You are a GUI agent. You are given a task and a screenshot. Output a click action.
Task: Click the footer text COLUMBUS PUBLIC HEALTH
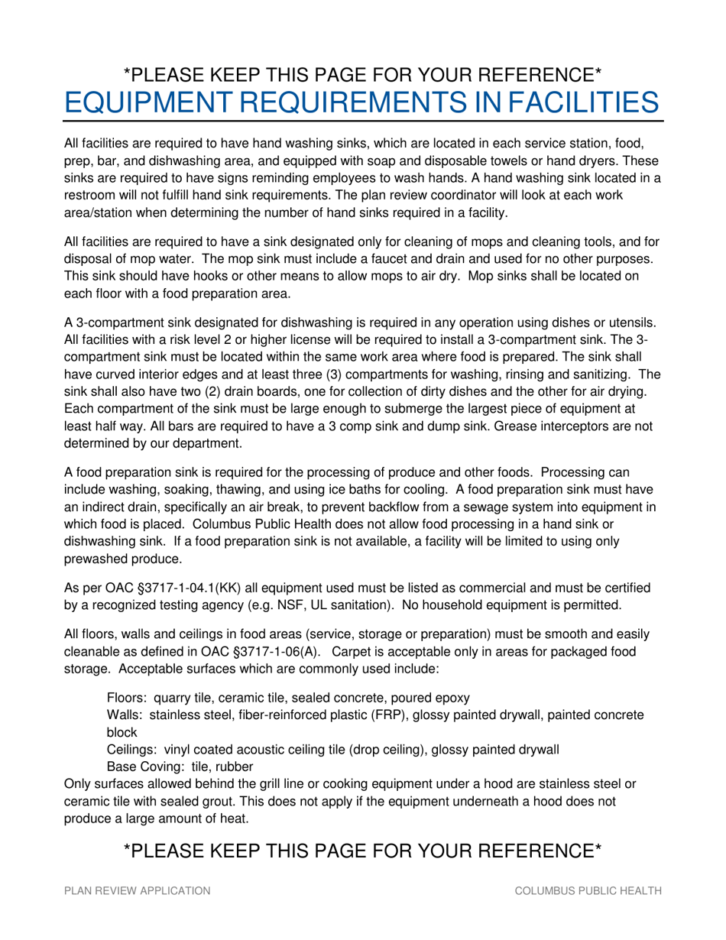(588, 891)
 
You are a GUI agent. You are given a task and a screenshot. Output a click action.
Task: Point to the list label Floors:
(128, 698)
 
